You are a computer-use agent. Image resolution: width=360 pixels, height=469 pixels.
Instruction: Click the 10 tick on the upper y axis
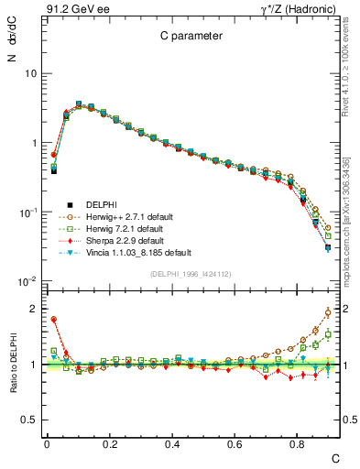[30, 73]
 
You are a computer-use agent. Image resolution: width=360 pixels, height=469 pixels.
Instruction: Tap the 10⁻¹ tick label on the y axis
[27, 213]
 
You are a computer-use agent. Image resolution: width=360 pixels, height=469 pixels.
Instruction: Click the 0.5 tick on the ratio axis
[29, 420]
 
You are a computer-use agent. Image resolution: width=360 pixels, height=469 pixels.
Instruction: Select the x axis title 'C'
[335, 457]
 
